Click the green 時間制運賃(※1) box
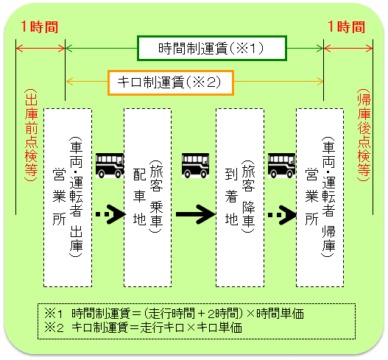[212, 49]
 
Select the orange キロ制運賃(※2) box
[171, 82]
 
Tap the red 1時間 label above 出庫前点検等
[40, 27]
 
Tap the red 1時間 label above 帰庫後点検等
[347, 27]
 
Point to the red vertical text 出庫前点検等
[31, 135]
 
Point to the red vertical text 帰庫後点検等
[364, 135]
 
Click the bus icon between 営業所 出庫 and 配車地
[110, 166]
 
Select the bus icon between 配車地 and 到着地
[196, 166]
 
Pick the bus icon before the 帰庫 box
[281, 166]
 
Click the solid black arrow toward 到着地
[196, 214]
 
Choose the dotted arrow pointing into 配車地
[111, 214]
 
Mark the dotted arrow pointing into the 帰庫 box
[282, 214]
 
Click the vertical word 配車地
[140, 197]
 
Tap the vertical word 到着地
[232, 197]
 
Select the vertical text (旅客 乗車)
[156, 197]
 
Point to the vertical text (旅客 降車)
[248, 197]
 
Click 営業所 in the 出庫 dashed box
[59, 197]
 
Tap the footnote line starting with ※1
[174, 314]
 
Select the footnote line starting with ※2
[143, 328]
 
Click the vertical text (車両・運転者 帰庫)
[328, 197]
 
